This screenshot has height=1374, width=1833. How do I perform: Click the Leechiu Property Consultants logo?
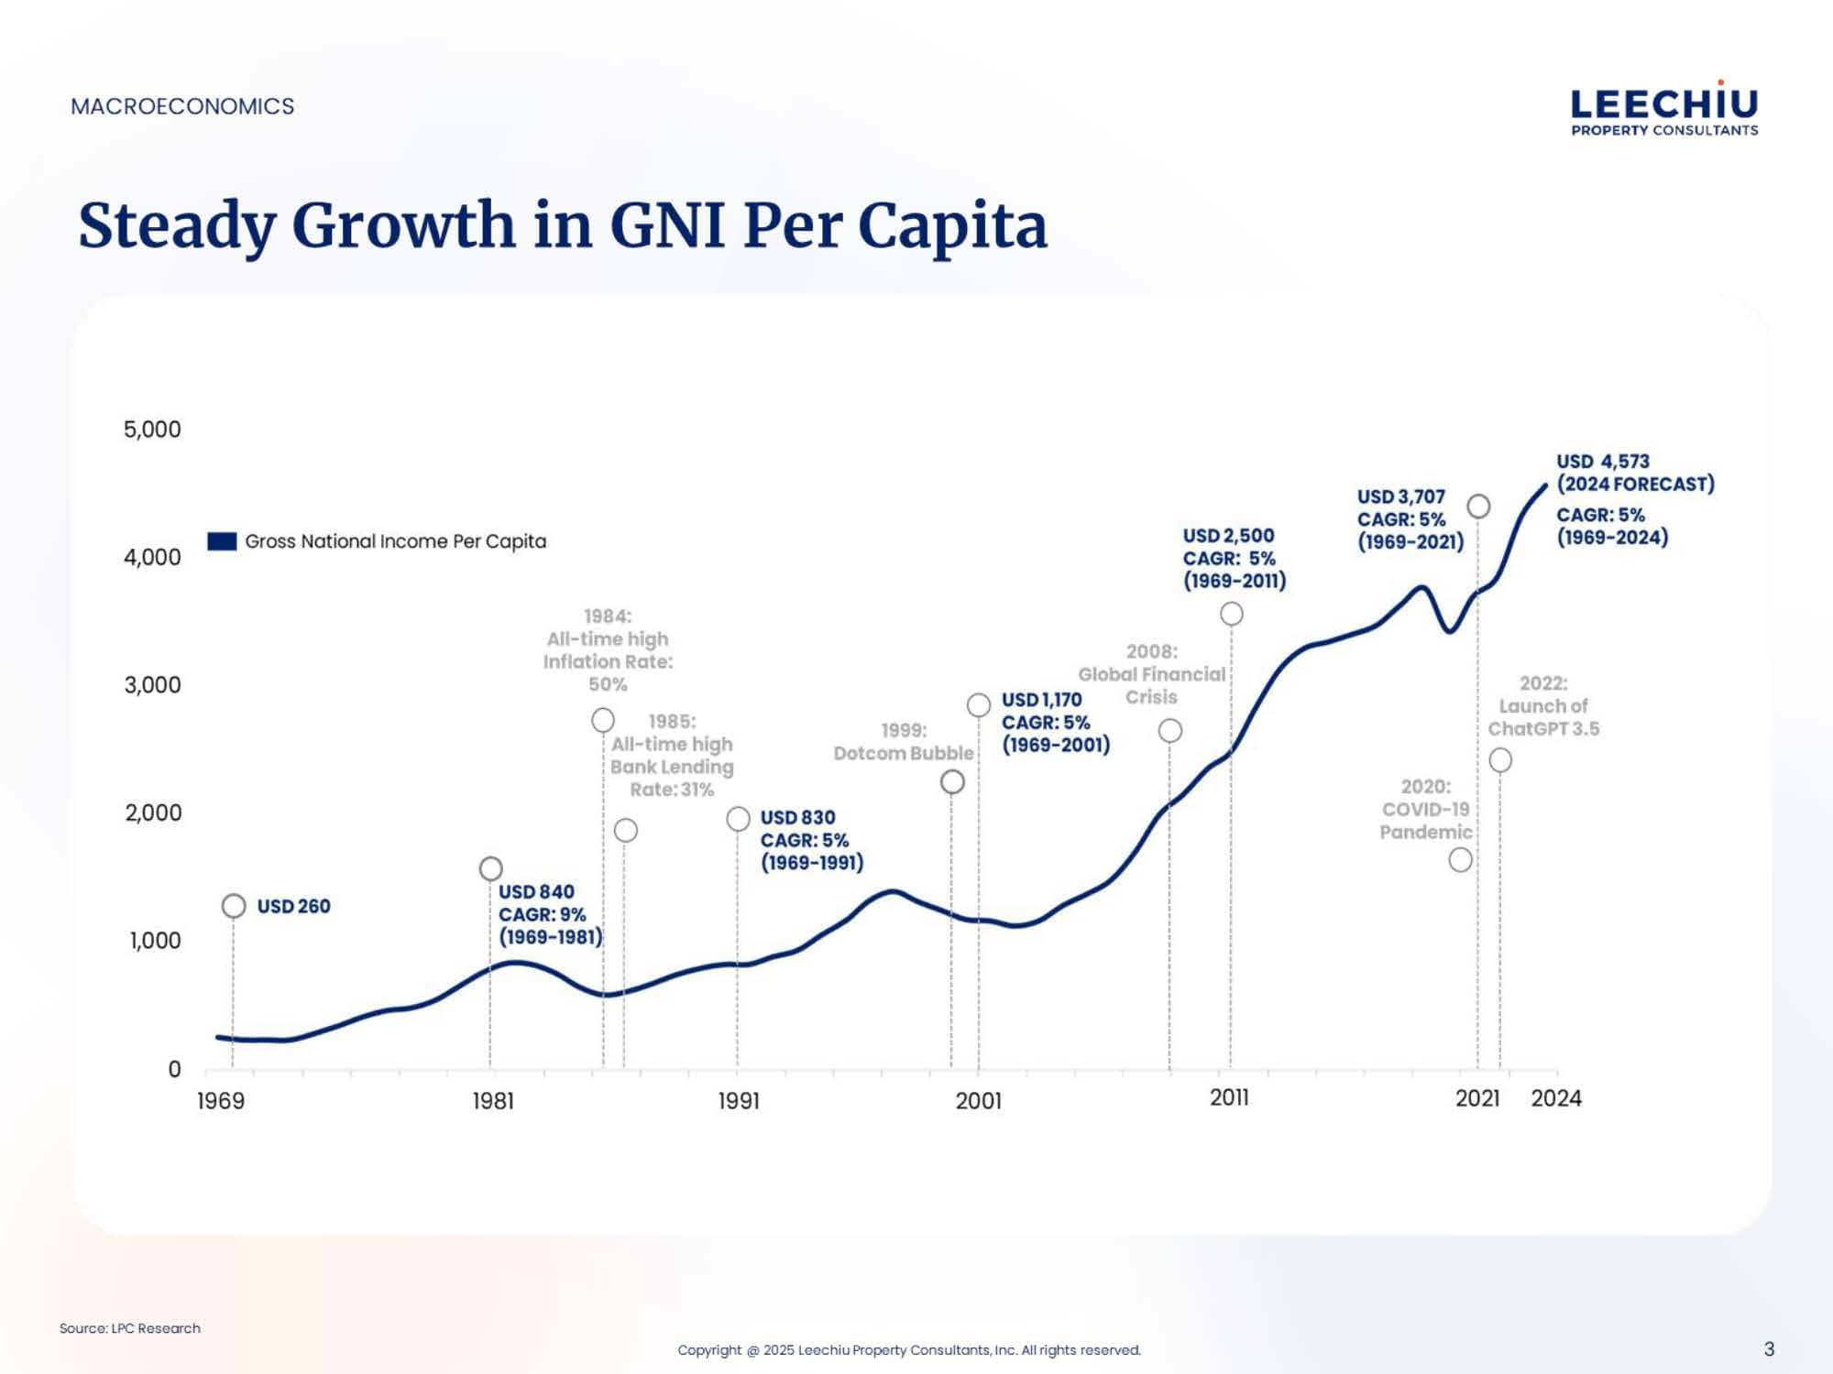point(1664,111)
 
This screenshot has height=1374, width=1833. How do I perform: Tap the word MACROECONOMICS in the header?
point(182,106)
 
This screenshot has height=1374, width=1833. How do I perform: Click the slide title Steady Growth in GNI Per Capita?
point(563,225)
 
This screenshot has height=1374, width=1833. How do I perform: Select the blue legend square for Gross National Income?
point(222,541)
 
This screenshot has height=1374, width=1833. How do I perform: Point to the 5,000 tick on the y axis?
point(152,430)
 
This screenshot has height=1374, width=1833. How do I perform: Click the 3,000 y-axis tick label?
point(152,685)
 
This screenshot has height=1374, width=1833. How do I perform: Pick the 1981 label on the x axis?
point(493,1100)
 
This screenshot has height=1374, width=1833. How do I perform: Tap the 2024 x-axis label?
point(1556,1098)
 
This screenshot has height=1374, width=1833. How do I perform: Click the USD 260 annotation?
point(293,906)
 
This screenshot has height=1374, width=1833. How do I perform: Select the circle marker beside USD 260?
point(234,906)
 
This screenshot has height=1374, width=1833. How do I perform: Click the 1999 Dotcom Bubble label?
point(904,742)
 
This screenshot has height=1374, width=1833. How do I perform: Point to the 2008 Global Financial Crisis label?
point(1151,674)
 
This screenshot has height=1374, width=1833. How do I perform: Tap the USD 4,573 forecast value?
point(1603,462)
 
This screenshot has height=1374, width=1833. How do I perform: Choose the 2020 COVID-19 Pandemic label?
point(1426,810)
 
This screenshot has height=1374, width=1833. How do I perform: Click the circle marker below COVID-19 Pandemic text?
point(1461,860)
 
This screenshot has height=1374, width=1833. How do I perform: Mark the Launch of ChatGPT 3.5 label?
point(1543,706)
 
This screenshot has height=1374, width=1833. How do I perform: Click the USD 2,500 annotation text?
point(1228,536)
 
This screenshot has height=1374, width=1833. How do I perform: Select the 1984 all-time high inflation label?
point(608,650)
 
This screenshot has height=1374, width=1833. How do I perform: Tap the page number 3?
point(1769,1348)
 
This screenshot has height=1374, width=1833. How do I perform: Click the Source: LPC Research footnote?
point(130,1328)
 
